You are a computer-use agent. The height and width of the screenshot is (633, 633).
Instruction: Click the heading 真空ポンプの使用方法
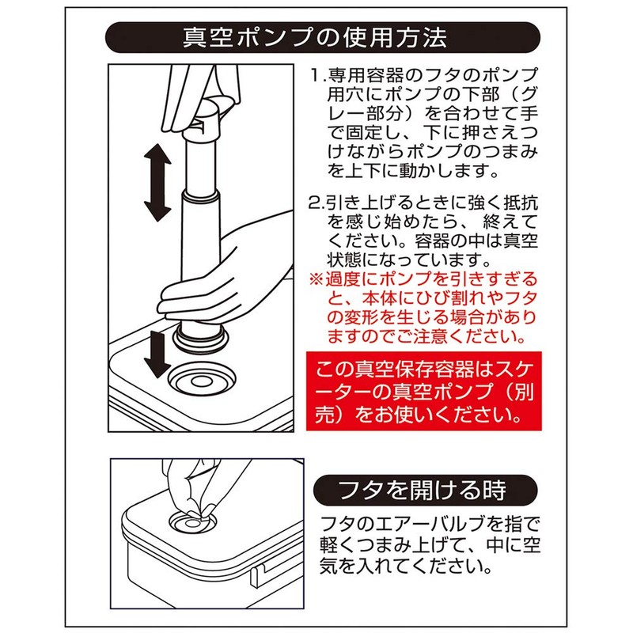click(x=315, y=37)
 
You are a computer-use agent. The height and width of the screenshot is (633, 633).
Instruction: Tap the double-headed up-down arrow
click(x=157, y=182)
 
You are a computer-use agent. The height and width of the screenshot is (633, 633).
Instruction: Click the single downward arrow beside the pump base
click(x=157, y=353)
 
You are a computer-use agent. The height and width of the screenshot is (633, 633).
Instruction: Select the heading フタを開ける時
click(x=423, y=490)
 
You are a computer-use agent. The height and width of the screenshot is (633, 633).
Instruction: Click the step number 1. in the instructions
click(x=318, y=75)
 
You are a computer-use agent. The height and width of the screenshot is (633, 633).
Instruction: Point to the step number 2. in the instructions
click(x=317, y=203)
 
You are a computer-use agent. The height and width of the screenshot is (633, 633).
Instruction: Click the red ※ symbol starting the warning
click(x=316, y=279)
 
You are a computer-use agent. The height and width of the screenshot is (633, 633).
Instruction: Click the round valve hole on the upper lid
click(x=202, y=381)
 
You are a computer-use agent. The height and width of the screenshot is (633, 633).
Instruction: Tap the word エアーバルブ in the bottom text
click(x=422, y=525)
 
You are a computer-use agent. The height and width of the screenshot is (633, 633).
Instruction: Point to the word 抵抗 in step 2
click(x=519, y=203)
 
